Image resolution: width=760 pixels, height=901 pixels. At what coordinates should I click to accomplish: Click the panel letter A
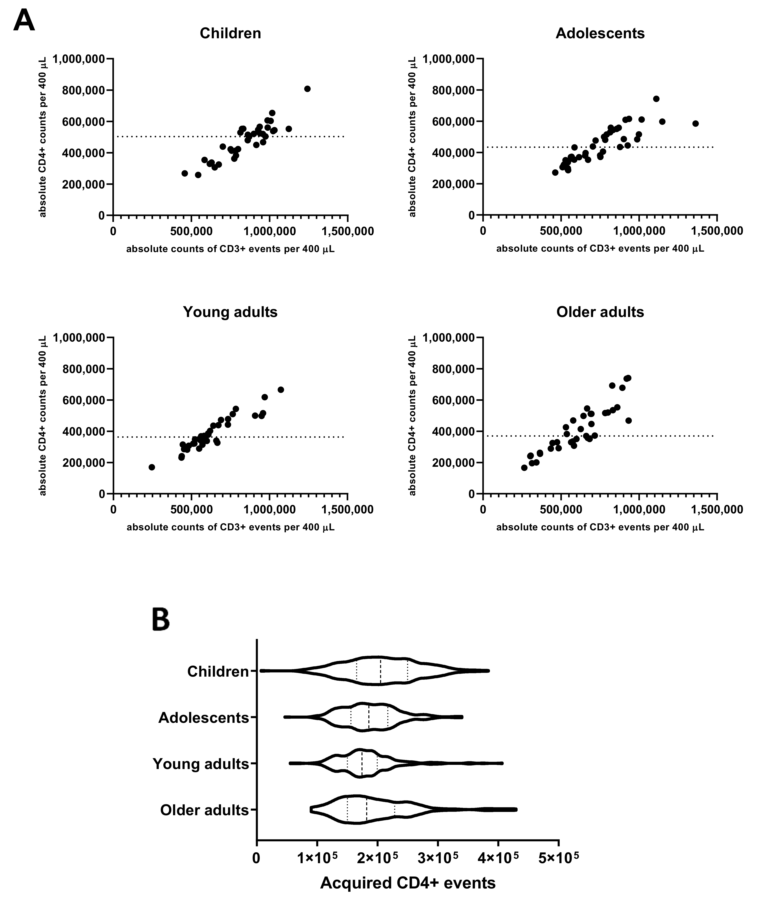click(24, 21)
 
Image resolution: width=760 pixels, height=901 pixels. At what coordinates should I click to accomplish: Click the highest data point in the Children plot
click(307, 89)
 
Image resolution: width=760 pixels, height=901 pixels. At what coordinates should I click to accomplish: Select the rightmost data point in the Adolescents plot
click(695, 124)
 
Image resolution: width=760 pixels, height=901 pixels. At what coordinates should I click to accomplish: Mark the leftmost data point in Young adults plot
click(152, 467)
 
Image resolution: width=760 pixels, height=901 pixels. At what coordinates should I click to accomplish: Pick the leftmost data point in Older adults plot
click(524, 467)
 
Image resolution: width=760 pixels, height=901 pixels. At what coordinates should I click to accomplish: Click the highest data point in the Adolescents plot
click(656, 99)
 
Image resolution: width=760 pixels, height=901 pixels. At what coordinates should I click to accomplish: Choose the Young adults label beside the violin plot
click(201, 764)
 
